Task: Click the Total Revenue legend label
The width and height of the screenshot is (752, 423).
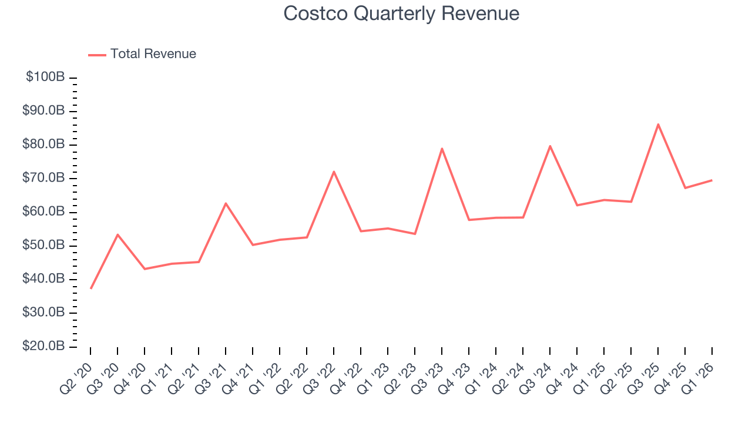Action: [153, 54]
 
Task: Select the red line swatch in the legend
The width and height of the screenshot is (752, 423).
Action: [97, 55]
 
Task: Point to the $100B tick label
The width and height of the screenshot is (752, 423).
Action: [45, 78]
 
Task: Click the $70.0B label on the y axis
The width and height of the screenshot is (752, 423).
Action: [43, 178]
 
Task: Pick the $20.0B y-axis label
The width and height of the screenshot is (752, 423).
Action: [43, 347]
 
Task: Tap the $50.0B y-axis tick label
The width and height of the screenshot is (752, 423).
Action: [43, 246]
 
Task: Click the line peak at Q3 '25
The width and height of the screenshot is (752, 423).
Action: [658, 124]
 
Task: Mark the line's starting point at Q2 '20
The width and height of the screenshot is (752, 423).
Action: [90, 288]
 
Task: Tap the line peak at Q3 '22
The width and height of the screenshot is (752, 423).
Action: [334, 172]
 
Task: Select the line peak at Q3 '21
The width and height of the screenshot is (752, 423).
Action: [226, 203]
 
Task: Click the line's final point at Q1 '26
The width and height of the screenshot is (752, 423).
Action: [712, 180]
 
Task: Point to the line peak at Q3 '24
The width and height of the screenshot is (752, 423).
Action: [550, 146]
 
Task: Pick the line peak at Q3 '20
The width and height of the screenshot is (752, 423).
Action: [117, 234]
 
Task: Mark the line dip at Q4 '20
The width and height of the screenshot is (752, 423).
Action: [145, 269]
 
